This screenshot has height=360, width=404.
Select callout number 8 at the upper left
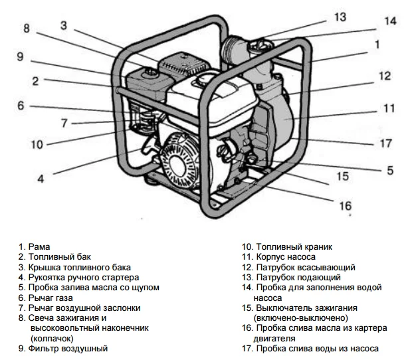click(27, 29)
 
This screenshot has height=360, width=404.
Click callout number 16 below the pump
click(346, 206)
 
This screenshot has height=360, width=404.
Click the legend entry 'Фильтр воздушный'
click(62, 348)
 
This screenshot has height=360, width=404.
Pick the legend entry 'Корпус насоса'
click(278, 256)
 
